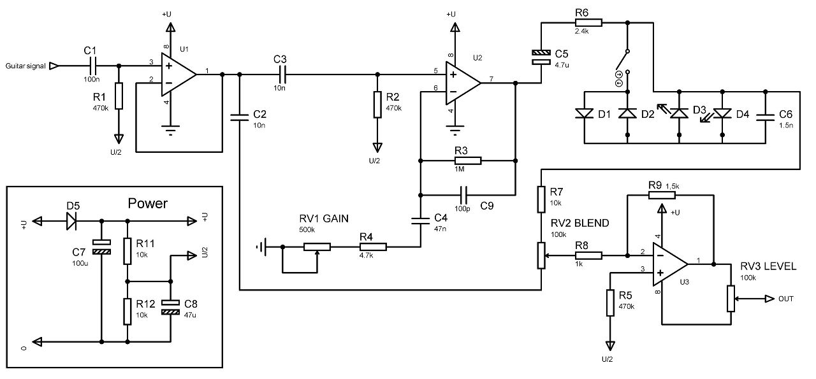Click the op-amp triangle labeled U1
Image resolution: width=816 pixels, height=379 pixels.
(178, 75)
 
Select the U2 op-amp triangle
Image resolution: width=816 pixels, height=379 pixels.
(463, 83)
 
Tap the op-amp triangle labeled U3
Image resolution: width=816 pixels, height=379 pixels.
(670, 264)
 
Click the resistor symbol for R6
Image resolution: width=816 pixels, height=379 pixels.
(588, 22)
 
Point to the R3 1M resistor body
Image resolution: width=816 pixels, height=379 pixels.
(468, 161)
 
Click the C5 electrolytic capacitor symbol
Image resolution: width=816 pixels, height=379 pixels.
(541, 57)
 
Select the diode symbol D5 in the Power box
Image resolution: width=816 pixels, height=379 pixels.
(71, 220)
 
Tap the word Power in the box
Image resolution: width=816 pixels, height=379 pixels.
(147, 203)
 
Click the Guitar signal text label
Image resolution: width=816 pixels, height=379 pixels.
(25, 66)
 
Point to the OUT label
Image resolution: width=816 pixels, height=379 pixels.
(786, 299)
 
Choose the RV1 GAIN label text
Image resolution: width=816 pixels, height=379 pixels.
(324, 218)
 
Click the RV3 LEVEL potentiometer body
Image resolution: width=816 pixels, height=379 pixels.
(731, 299)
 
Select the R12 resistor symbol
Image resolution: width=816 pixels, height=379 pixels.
(127, 311)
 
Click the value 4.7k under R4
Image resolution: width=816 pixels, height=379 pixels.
(366, 255)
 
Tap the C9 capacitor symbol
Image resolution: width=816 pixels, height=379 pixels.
(463, 196)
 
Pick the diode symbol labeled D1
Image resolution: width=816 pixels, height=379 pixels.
(584, 113)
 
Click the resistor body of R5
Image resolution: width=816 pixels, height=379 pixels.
(610, 303)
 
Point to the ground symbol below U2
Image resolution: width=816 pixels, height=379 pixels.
(455, 131)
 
